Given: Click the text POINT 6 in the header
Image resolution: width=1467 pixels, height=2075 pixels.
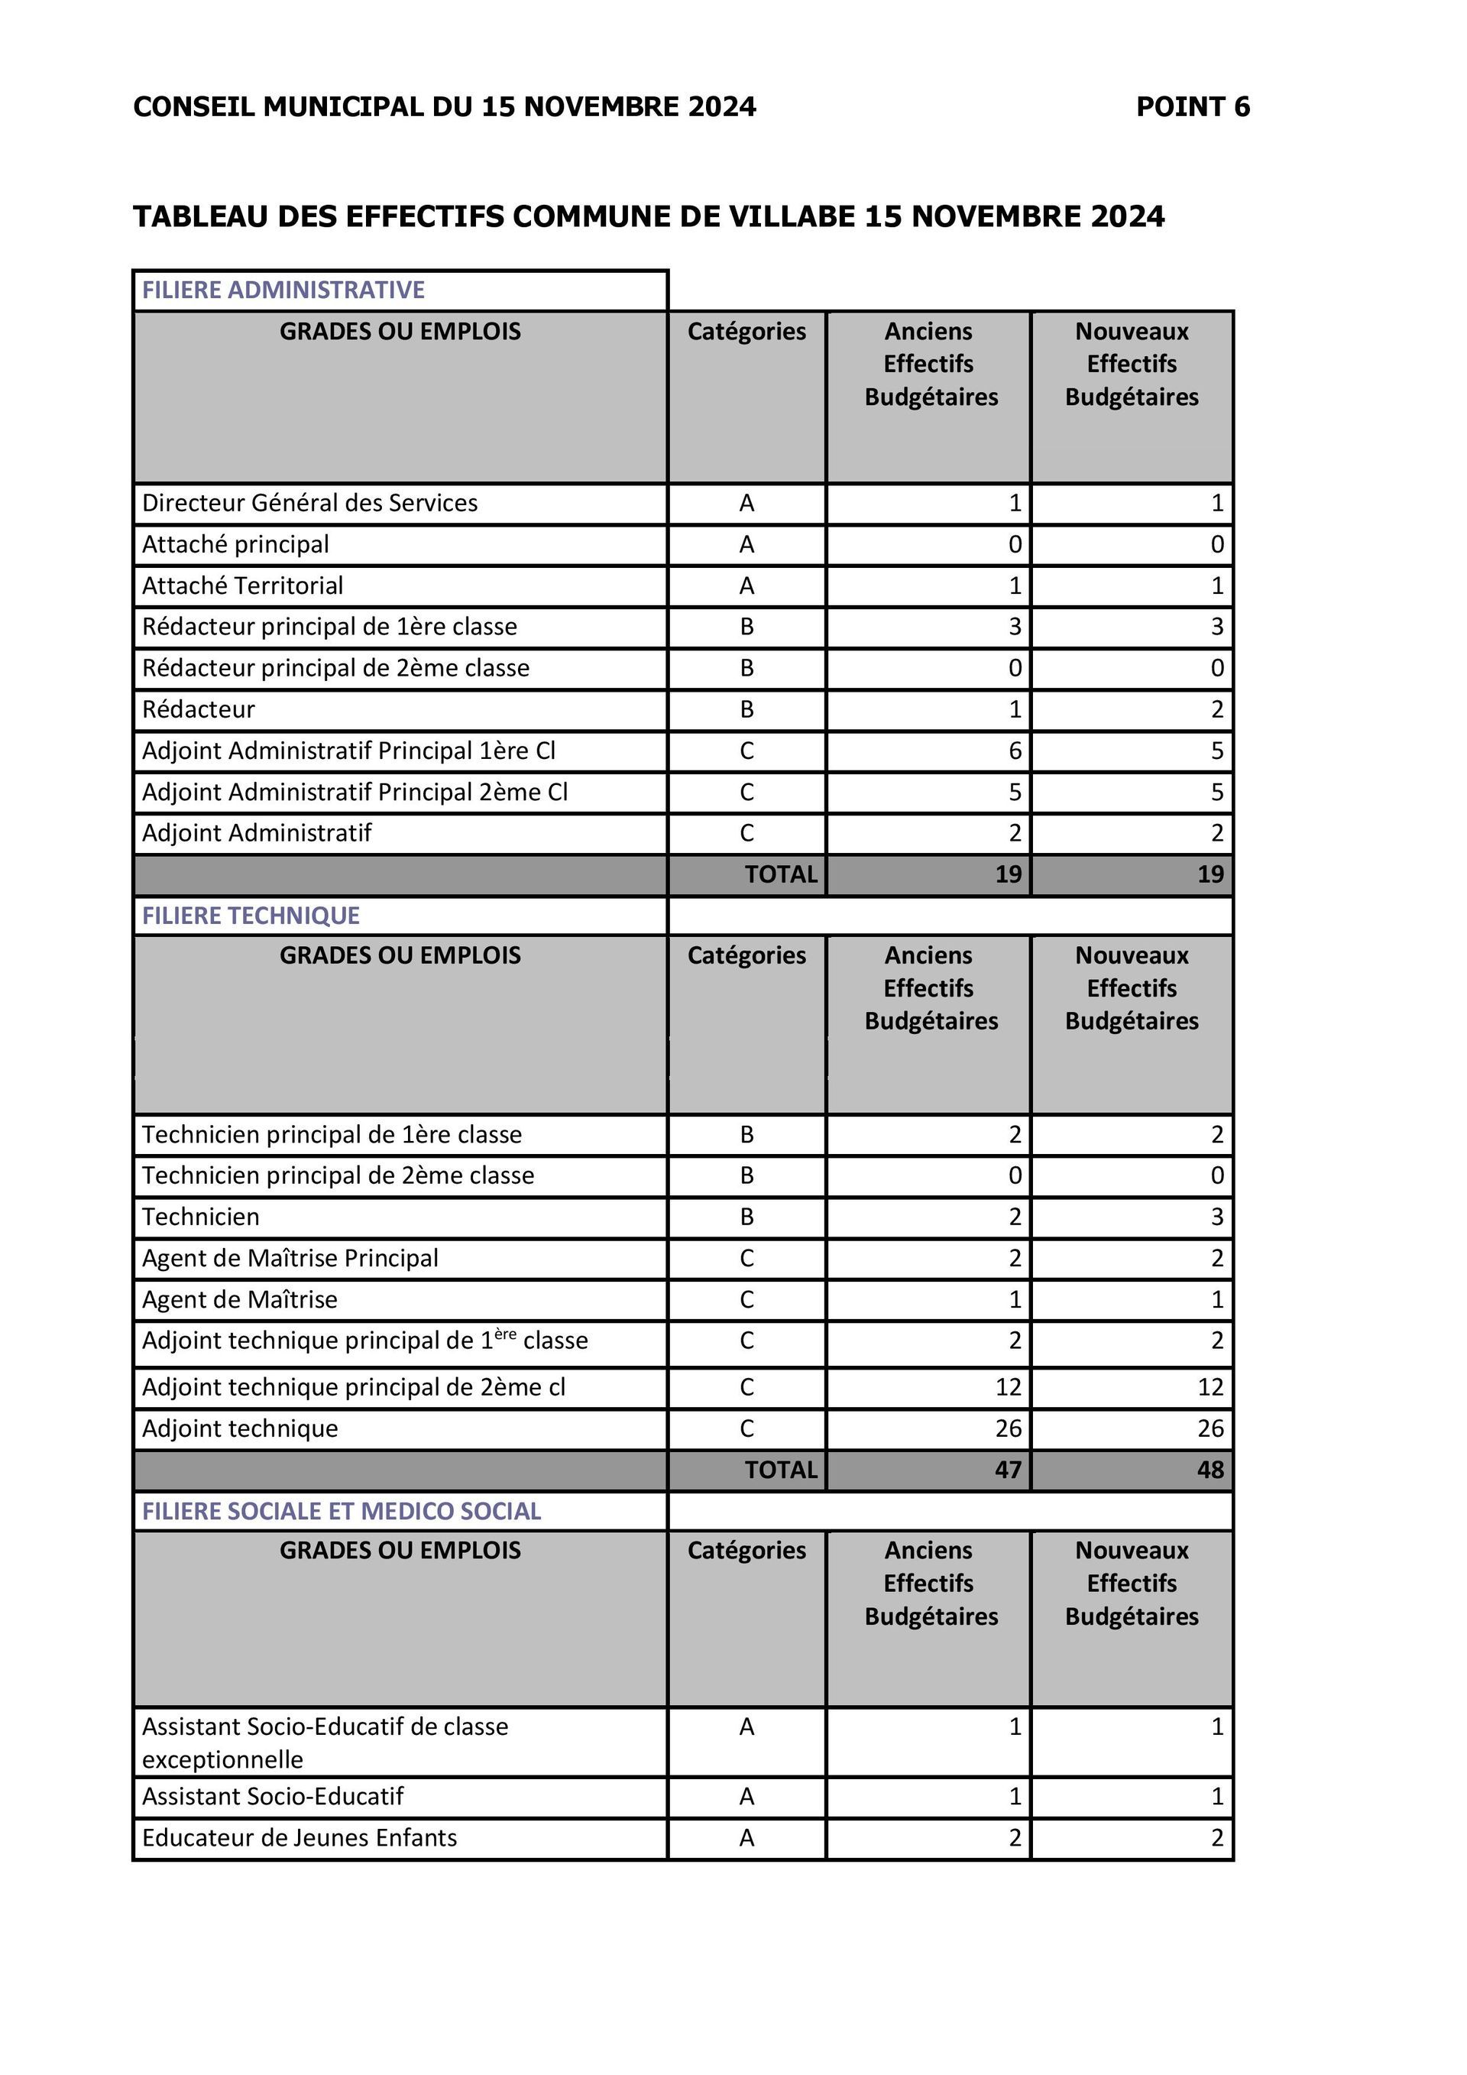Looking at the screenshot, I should pyautogui.click(x=1193, y=107).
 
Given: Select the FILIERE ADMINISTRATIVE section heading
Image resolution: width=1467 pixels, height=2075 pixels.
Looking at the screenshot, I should pyautogui.click(x=283, y=290).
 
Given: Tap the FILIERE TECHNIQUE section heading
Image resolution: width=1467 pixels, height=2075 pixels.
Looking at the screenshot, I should pyautogui.click(x=250, y=916).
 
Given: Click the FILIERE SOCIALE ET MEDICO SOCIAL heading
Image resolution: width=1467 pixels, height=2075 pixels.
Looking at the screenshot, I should pyautogui.click(x=341, y=1511).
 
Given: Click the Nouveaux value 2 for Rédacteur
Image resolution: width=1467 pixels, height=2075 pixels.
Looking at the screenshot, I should pyautogui.click(x=1217, y=709).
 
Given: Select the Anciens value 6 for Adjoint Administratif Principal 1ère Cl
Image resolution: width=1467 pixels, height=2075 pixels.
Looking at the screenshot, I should pyautogui.click(x=1015, y=751).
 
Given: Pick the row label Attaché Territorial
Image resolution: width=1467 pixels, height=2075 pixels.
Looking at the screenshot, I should pyautogui.click(x=242, y=585).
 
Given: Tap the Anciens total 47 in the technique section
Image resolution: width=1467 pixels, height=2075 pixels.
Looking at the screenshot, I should pyautogui.click(x=1007, y=1470).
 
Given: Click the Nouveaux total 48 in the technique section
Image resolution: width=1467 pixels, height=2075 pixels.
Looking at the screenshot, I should pyautogui.click(x=1210, y=1470).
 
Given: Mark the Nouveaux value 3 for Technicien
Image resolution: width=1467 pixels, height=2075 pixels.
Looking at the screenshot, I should pyautogui.click(x=1217, y=1217).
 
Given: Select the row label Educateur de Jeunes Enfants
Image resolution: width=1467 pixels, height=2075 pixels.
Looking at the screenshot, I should pyautogui.click(x=299, y=1837).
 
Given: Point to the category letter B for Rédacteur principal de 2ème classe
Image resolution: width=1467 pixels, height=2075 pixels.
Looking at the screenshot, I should pyautogui.click(x=746, y=668).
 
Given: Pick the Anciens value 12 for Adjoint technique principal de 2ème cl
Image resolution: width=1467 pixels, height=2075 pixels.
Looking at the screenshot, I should pyautogui.click(x=1007, y=1387).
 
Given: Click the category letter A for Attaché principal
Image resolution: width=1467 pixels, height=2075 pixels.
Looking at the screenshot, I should pyautogui.click(x=746, y=544).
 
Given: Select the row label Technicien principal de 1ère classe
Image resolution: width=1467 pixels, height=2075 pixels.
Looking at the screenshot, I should pyautogui.click(x=332, y=1134).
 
